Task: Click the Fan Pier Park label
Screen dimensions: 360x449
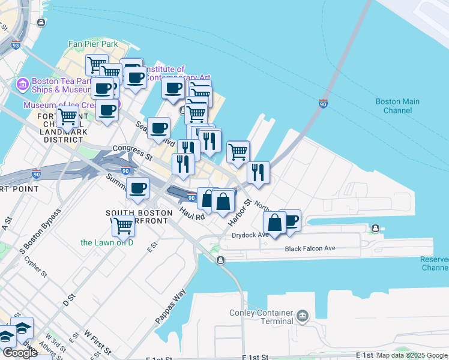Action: tap(92, 44)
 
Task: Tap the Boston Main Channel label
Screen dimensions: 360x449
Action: tap(397, 106)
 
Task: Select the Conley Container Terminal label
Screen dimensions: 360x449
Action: tap(261, 317)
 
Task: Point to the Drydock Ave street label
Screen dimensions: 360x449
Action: tap(250, 235)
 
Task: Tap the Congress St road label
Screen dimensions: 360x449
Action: tap(132, 152)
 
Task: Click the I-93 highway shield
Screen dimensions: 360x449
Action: tap(16, 45)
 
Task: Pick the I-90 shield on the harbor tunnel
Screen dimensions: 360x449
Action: tap(323, 104)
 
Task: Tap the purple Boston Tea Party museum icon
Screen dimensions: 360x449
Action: tap(23, 84)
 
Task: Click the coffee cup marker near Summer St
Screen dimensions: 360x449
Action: tap(137, 188)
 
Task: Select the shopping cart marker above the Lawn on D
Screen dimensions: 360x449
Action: tap(123, 226)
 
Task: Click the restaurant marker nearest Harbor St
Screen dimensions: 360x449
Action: tap(258, 172)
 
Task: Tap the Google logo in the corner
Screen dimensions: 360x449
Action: tap(20, 353)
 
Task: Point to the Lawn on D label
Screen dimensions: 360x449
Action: tap(106, 242)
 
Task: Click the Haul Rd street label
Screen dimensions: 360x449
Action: tap(192, 212)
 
